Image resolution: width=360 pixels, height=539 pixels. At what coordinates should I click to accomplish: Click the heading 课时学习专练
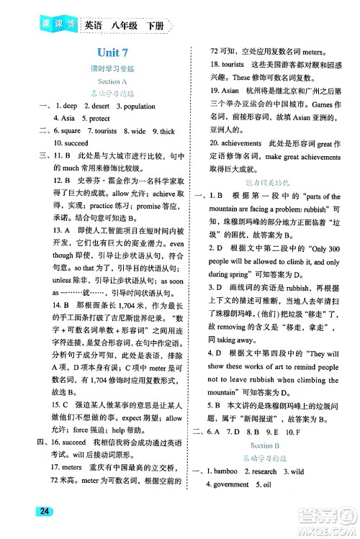[x=109, y=70]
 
